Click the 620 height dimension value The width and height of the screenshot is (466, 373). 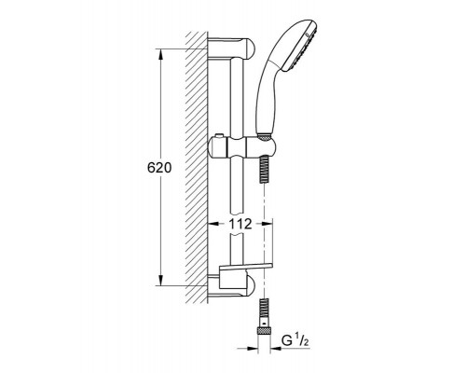pyautogui.click(x=159, y=168)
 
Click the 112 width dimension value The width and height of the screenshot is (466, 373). pyautogui.click(x=240, y=224)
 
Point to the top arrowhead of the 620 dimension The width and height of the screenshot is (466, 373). pyautogui.click(x=160, y=56)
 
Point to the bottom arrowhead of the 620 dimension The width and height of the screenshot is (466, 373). pyautogui.click(x=160, y=280)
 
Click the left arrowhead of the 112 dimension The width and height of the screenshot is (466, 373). pyautogui.click(x=213, y=224)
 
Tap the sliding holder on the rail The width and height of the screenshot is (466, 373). pyautogui.click(x=242, y=148)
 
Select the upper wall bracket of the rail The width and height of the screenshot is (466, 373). pyautogui.click(x=231, y=48)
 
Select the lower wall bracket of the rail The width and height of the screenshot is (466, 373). pyautogui.click(x=231, y=285)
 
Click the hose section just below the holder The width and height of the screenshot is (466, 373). pyautogui.click(x=264, y=170)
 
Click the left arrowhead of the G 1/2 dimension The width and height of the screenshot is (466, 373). pyautogui.click(x=253, y=349)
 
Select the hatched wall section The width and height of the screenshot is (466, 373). pyautogui.click(x=197, y=168)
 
